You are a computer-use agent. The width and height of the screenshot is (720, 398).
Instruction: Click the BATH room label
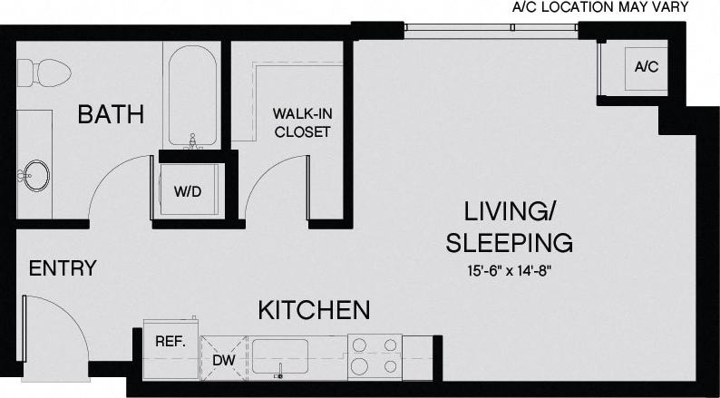click(110, 114)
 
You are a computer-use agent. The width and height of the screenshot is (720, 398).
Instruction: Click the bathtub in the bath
click(190, 96)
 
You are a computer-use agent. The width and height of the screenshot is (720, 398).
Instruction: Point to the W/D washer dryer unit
click(189, 191)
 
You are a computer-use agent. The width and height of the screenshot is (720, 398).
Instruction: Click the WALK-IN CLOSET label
click(302, 123)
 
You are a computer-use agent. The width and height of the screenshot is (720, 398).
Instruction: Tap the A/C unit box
click(646, 67)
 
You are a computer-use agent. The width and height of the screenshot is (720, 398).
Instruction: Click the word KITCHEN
click(314, 310)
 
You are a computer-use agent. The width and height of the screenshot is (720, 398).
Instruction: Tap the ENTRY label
click(63, 268)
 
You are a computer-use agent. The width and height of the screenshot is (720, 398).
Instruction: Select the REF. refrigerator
click(170, 343)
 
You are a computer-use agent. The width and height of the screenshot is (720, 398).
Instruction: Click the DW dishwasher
click(222, 358)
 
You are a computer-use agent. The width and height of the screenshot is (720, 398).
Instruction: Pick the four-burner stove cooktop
click(375, 355)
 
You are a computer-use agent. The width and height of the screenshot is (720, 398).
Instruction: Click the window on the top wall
click(491, 27)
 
